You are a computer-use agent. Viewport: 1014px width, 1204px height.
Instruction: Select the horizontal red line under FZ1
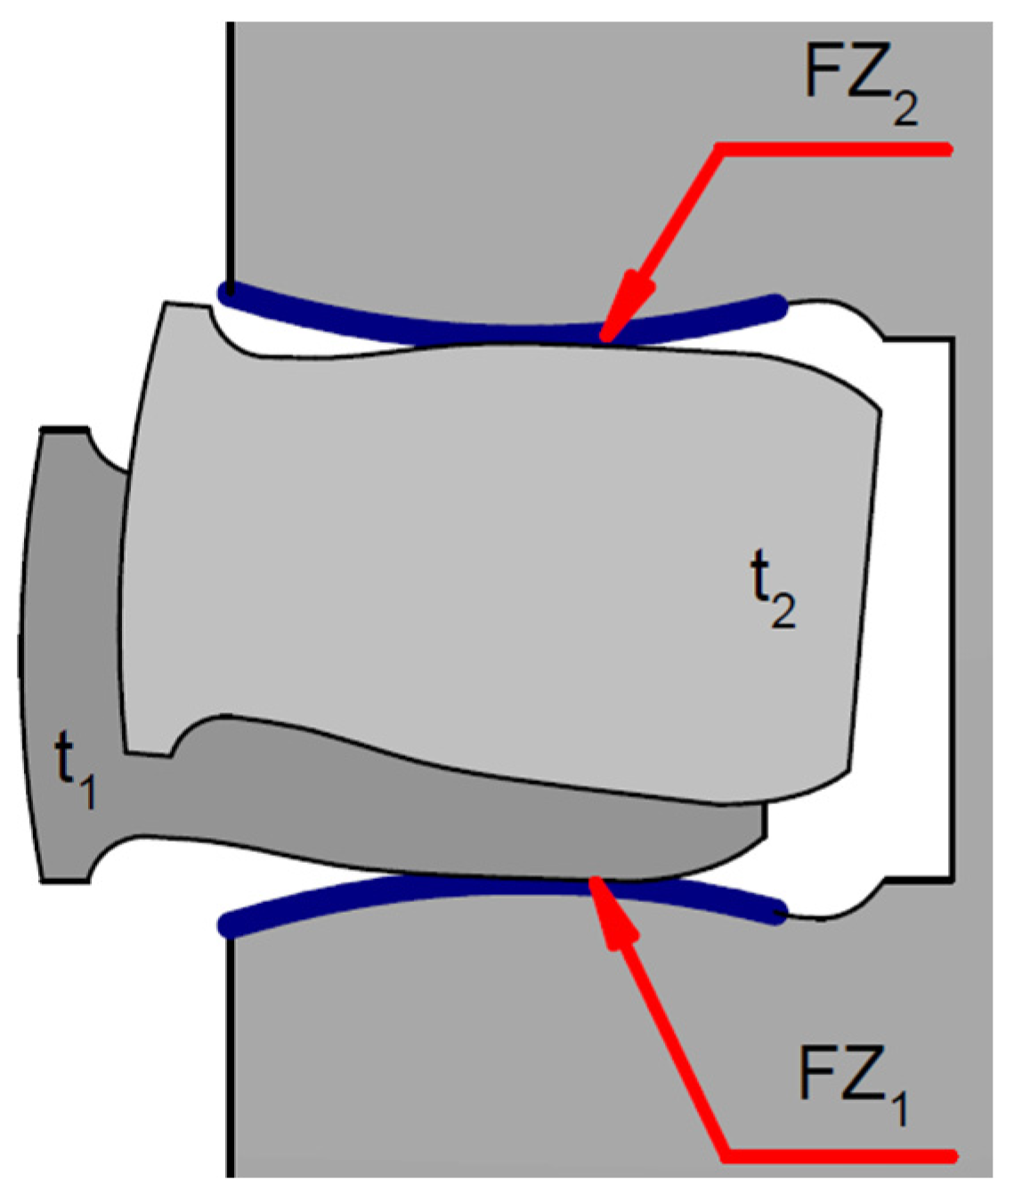point(837,1155)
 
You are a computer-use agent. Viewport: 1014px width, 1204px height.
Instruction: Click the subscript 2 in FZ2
point(905,108)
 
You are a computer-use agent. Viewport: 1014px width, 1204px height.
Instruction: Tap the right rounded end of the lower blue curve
point(777,912)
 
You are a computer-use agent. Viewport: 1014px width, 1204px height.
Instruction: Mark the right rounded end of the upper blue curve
point(777,306)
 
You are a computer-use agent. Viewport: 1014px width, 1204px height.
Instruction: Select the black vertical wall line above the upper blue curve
point(230,151)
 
